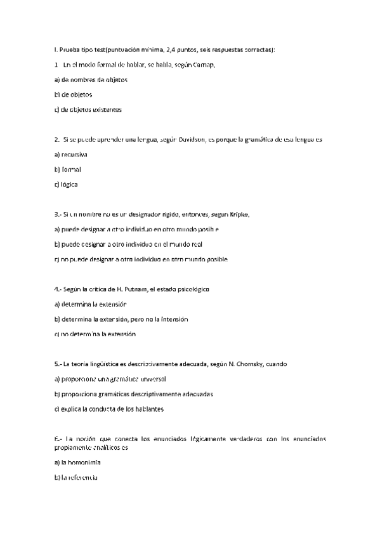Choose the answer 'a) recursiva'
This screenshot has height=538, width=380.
pyautogui.click(x=71, y=155)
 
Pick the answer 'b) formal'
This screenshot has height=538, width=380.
pyautogui.click(x=68, y=169)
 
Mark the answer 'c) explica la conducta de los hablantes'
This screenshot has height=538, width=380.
pyautogui.click(x=109, y=409)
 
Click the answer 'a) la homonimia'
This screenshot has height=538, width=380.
pyautogui.click(x=78, y=462)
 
